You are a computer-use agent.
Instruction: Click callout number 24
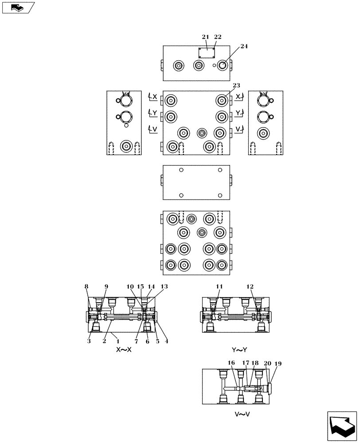pyautogui.click(x=244, y=46)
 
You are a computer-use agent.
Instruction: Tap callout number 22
pyautogui.click(x=218, y=37)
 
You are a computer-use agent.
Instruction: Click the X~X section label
pyautogui.click(x=124, y=350)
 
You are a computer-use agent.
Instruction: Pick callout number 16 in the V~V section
pyautogui.click(x=231, y=362)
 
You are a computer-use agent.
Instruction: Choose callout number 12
pyautogui.click(x=250, y=287)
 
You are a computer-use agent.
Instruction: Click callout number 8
pyautogui.click(x=87, y=287)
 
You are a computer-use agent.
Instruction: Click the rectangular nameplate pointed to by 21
pyautogui.click(x=206, y=53)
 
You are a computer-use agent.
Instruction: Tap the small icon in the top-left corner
pyautogui.click(x=18, y=8)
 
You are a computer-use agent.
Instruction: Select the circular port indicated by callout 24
pyautogui.click(x=222, y=66)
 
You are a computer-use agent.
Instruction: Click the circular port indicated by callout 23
pyautogui.click(x=222, y=101)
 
